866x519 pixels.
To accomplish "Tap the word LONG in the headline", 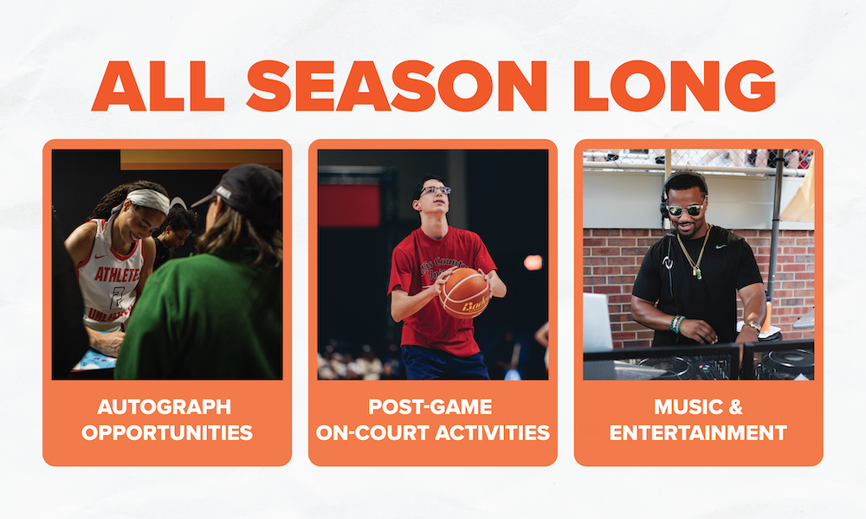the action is (x=675, y=86).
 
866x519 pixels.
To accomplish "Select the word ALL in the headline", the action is (x=158, y=86).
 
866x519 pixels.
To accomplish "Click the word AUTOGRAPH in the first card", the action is (x=164, y=407).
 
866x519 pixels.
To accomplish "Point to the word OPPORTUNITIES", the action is (x=167, y=432).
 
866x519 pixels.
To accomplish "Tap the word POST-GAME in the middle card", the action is (x=430, y=407).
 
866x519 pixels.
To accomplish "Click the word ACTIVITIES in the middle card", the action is (x=492, y=432).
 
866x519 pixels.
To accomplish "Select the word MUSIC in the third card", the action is (x=687, y=407).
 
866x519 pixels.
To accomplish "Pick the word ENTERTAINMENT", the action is (x=698, y=432).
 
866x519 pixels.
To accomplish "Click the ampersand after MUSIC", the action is (x=735, y=407).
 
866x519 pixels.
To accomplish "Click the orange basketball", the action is (x=465, y=293).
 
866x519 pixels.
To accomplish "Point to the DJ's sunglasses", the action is (x=685, y=210).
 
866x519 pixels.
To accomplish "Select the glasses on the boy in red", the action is (x=436, y=190).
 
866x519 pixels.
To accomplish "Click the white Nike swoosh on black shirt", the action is (x=721, y=246).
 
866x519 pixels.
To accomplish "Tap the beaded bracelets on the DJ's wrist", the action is (x=677, y=324).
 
